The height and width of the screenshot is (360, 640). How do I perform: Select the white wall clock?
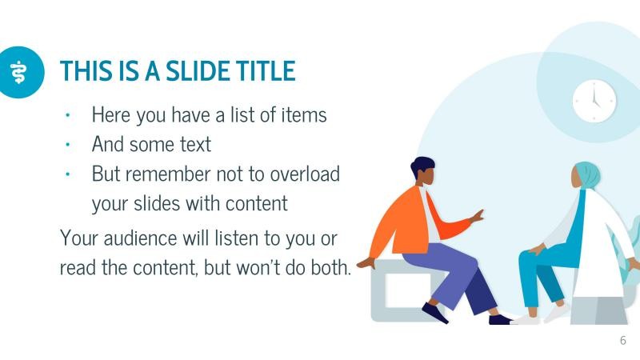(594, 101)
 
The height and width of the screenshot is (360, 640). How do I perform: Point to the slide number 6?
(623, 340)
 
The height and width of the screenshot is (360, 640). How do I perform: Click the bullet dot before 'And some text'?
(69, 145)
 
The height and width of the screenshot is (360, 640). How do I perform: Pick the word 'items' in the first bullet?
(303, 114)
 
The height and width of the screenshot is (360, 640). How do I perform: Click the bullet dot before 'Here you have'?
(69, 115)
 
